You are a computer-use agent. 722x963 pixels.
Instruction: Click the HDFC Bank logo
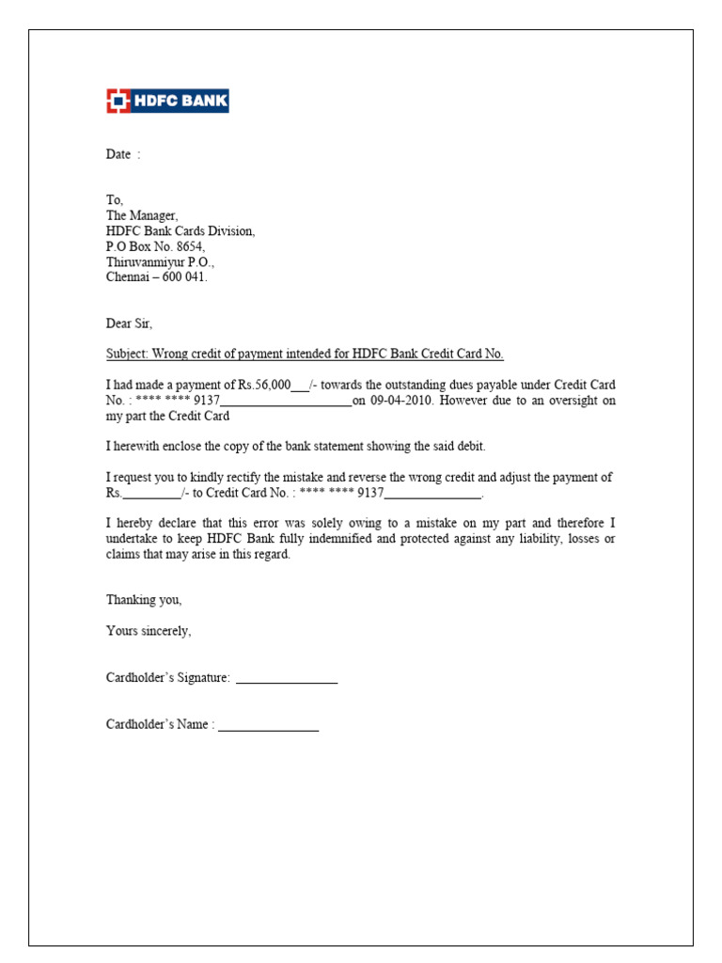(x=167, y=102)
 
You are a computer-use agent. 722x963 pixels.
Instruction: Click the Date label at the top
(x=118, y=154)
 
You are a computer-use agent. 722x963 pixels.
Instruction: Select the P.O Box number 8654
(x=189, y=246)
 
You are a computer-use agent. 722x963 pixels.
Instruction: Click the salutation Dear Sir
(x=129, y=324)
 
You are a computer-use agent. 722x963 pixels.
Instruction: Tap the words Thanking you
(x=144, y=599)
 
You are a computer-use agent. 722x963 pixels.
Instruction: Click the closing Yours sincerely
(x=149, y=631)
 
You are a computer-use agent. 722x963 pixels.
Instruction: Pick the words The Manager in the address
(x=141, y=215)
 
